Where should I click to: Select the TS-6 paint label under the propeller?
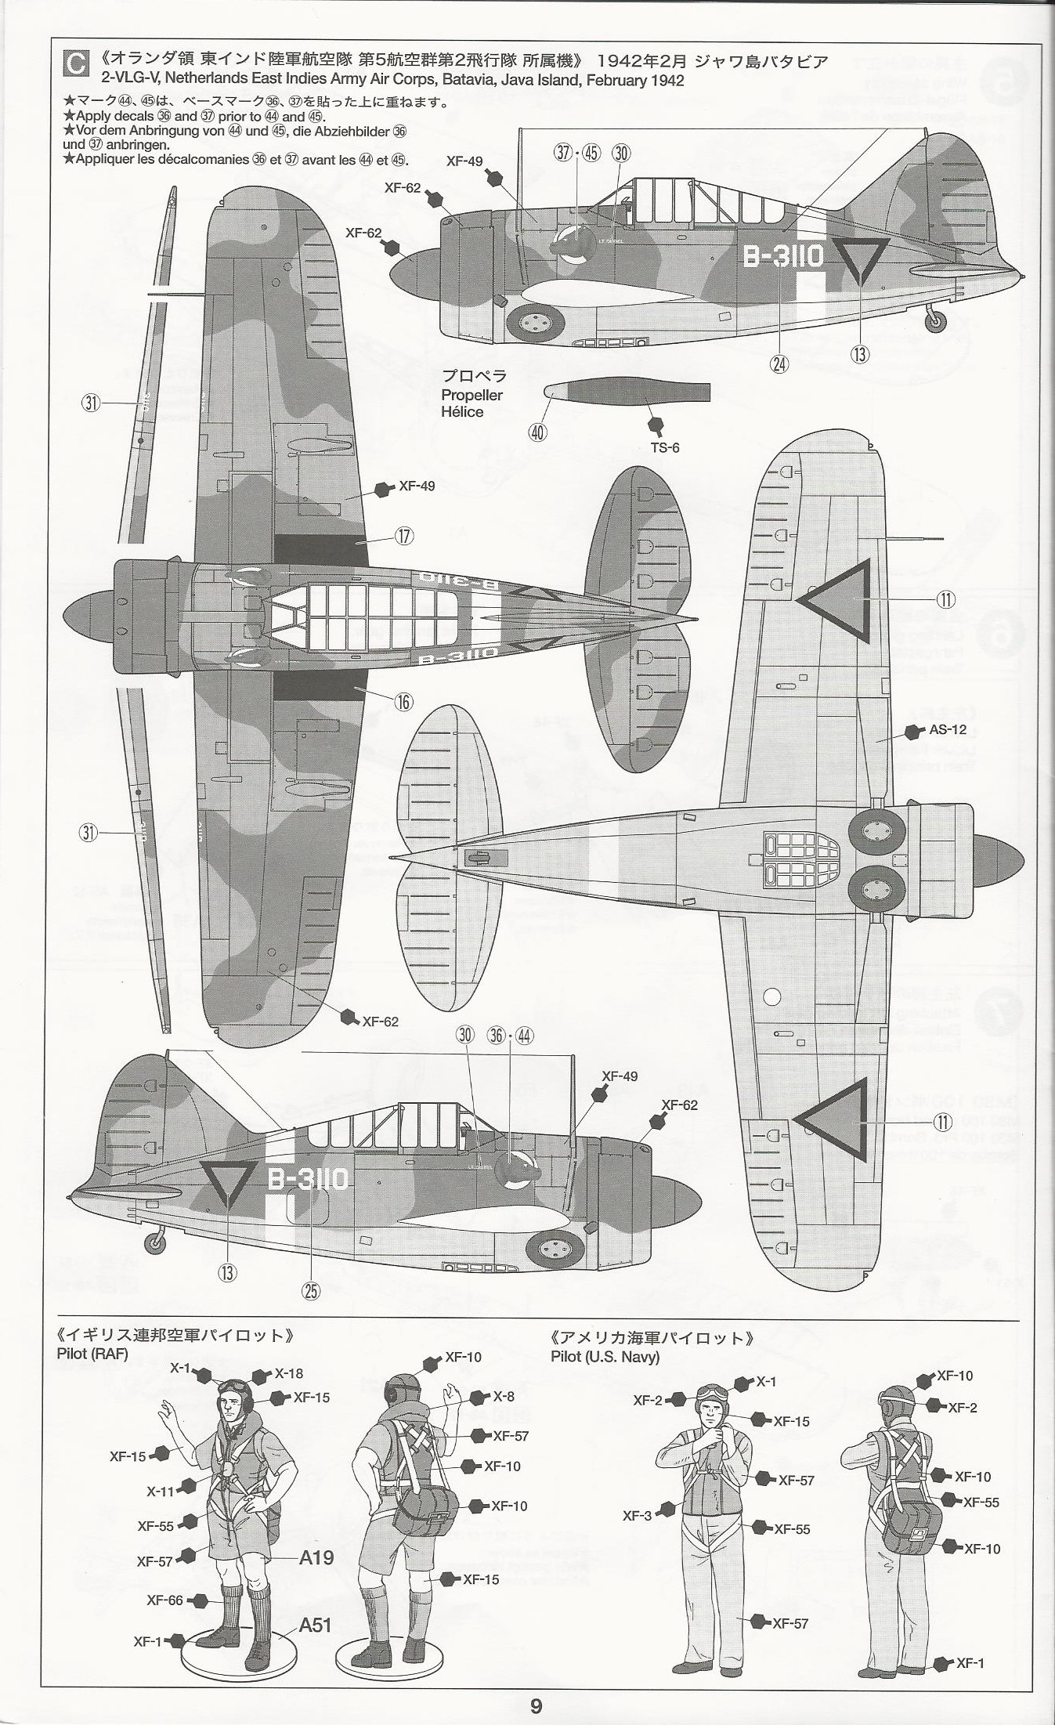[x=664, y=447]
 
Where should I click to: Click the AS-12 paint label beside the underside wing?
[x=948, y=729]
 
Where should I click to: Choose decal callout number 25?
[x=311, y=1290]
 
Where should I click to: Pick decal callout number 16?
[x=403, y=702]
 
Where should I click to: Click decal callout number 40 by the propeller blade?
[x=538, y=432]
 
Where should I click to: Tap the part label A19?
[x=316, y=1557]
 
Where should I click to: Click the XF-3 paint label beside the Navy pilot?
[x=637, y=1515]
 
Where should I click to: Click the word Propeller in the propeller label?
[x=471, y=395]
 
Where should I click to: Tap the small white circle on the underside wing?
[x=772, y=996]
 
